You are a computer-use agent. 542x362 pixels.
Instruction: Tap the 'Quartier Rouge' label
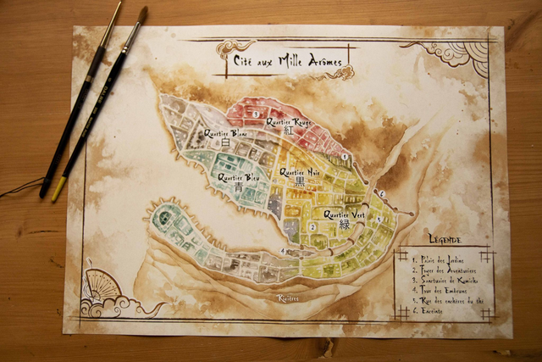[288, 122]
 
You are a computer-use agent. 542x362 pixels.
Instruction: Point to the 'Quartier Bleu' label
[239, 178]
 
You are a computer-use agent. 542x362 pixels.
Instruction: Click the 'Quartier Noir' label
[299, 171]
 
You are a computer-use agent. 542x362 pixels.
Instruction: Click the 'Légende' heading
[445, 240]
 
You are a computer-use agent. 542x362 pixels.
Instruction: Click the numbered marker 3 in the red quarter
[255, 113]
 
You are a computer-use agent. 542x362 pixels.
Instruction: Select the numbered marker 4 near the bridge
[282, 250]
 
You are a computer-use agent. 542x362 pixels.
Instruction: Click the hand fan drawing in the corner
[101, 288]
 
